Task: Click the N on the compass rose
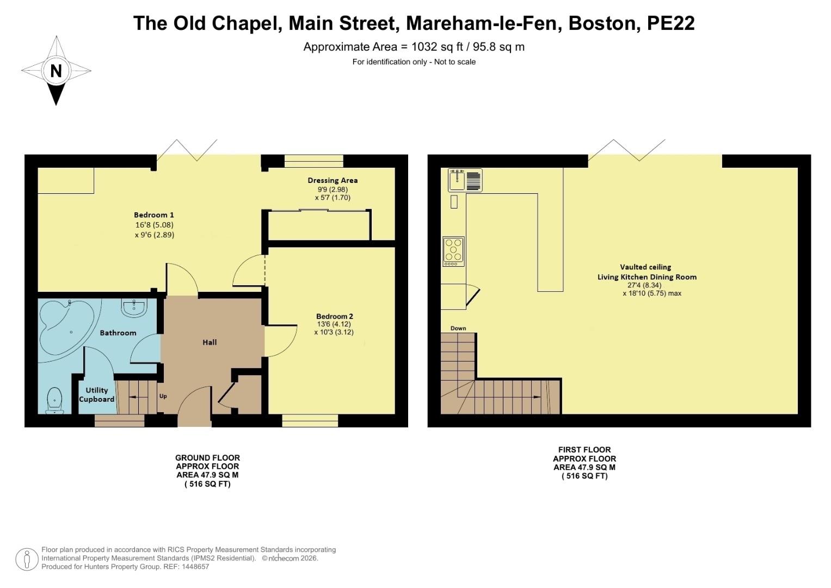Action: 56,71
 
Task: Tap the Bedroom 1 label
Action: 154,215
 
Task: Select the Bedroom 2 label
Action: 335,316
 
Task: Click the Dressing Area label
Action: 333,180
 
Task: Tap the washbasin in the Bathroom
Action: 134,308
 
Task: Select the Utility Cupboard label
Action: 97,395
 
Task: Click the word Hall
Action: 210,342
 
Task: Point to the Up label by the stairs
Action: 163,396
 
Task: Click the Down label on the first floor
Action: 458,328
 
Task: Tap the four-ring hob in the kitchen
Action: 453,250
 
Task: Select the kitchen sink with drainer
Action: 465,180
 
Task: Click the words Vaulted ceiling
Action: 645,267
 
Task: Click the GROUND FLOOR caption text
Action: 207,458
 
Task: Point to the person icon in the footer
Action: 27,559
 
